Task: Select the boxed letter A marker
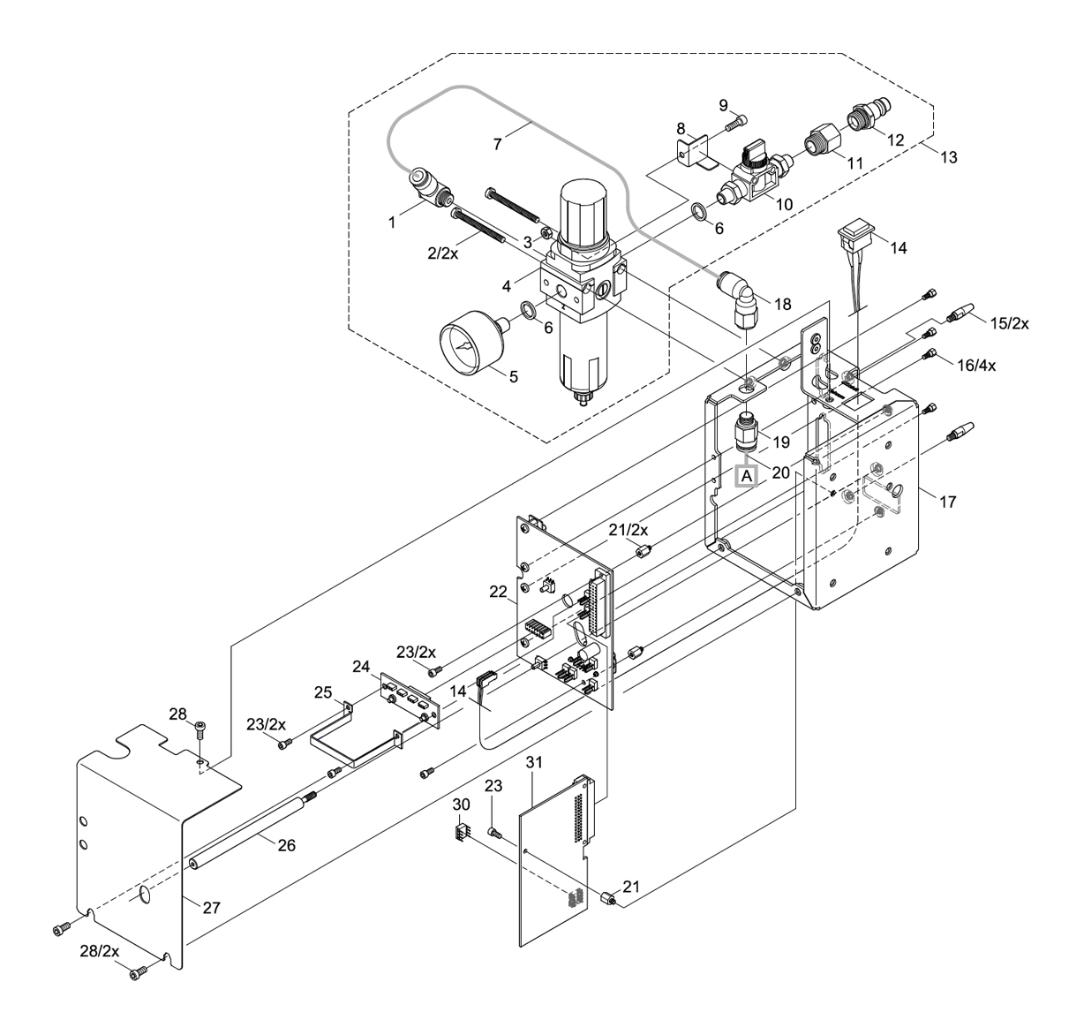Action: click(747, 476)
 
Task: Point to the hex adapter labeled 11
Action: click(822, 142)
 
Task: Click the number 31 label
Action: click(531, 762)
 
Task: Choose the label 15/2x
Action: click(1008, 323)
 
